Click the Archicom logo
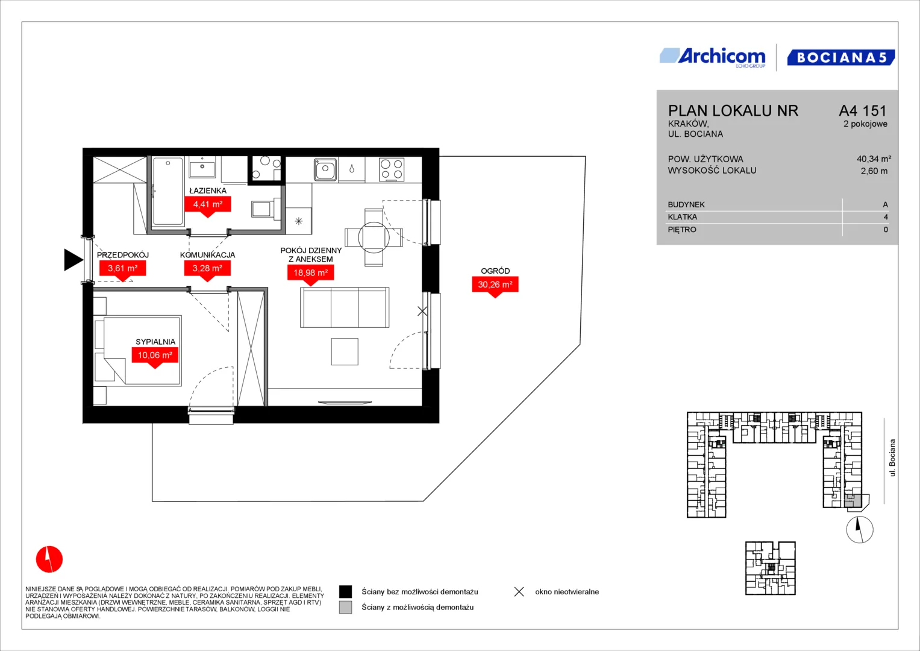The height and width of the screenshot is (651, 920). [x=713, y=57]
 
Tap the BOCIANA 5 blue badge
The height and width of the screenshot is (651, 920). [x=840, y=57]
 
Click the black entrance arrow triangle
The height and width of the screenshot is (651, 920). [x=74, y=260]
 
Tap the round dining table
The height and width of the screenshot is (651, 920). [x=374, y=237]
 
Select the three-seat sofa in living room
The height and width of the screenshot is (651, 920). [x=345, y=307]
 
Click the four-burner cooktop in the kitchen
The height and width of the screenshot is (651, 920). [x=392, y=169]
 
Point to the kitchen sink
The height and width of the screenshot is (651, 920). [x=325, y=169]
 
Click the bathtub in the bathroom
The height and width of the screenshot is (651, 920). [x=167, y=191]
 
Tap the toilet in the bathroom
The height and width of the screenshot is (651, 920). [x=265, y=209]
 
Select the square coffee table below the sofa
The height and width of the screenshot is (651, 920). [x=345, y=351]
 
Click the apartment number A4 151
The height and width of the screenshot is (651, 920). [x=863, y=110]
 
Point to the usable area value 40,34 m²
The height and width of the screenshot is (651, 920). [x=874, y=159]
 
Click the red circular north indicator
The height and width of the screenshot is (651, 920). [x=49, y=559]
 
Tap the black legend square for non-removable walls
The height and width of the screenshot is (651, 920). [x=345, y=592]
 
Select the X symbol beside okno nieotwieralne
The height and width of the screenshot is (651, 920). [x=519, y=592]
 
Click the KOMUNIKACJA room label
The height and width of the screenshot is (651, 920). [x=207, y=255]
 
